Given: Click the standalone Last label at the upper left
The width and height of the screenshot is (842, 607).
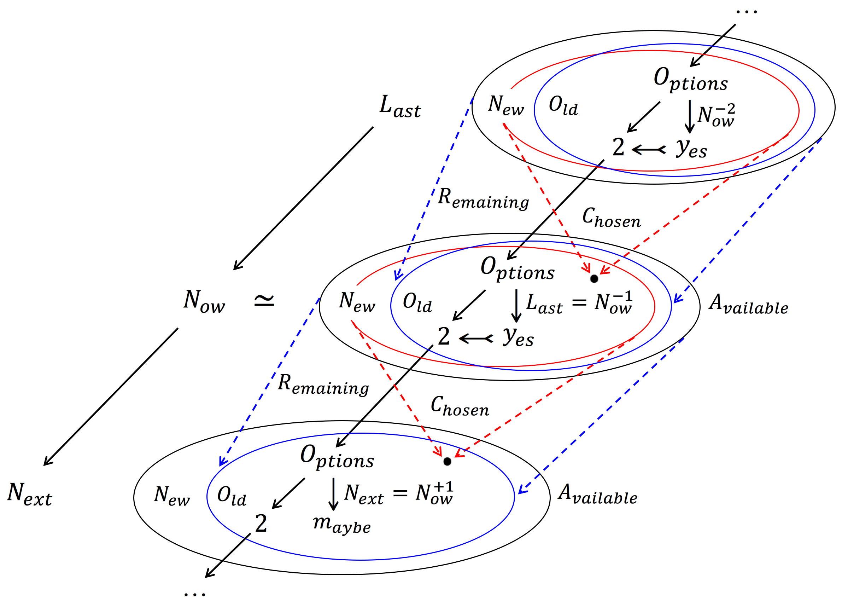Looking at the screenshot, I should coord(400,106).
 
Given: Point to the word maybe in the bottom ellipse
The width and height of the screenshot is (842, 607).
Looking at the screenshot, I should coord(341,524).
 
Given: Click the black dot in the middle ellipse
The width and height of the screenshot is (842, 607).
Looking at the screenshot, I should coord(594,279).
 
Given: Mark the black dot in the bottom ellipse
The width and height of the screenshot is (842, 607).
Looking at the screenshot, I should coord(448,461).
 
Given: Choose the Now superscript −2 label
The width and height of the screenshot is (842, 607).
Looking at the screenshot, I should coord(716,116).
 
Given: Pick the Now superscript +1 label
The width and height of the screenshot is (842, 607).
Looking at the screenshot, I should coord(434,493).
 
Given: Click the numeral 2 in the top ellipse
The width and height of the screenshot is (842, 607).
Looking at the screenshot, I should coord(618,147).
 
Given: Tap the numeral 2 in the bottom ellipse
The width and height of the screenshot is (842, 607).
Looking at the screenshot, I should coord(261,524).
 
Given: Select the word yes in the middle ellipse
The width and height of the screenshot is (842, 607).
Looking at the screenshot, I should coord(518,337).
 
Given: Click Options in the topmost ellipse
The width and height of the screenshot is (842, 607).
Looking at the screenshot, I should coord(690,79).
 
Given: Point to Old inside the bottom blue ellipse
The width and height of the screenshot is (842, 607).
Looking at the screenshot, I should coord(232,496).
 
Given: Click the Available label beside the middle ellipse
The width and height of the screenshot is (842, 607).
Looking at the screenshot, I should coord(748,305).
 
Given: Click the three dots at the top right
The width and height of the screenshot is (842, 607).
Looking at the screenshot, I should coord(747,12).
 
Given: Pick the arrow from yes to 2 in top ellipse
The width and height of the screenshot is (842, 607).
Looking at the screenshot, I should coord(649,150).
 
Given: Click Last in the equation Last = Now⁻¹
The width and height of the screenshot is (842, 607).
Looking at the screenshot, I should coord(544,304).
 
